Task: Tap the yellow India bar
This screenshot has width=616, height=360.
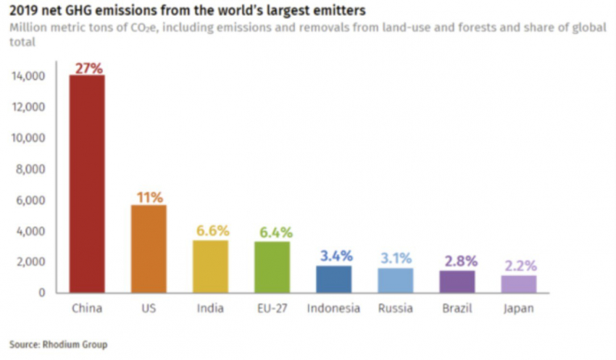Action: [x=210, y=266]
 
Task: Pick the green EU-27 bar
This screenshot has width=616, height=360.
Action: [x=272, y=267]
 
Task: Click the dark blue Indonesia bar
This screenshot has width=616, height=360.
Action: [x=334, y=279]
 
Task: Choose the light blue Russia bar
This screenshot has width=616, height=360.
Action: [x=396, y=280]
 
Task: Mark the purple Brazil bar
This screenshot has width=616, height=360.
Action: [x=458, y=282]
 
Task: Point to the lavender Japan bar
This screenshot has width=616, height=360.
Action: [x=519, y=284]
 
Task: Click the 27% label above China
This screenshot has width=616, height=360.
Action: [x=88, y=67]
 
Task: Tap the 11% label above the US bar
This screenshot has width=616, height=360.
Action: [x=149, y=197]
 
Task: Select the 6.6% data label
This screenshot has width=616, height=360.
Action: [x=211, y=231]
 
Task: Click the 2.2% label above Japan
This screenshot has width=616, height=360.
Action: [x=519, y=265]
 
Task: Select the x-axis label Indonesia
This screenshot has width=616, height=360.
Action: [x=333, y=309]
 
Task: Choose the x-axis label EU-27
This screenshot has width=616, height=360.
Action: [x=272, y=309]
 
